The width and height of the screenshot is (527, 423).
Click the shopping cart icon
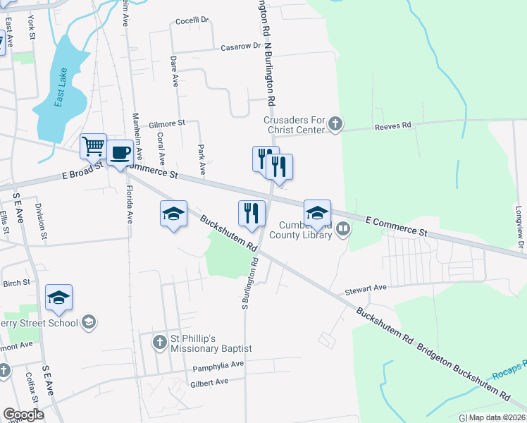click(93, 147)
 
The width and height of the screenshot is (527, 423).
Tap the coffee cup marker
click(120, 152)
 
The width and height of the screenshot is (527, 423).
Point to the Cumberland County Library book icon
click(343, 228)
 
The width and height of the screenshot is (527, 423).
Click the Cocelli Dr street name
click(193, 20)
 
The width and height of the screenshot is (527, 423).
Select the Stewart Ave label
click(366, 288)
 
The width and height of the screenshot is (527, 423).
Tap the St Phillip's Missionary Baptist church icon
click(159, 343)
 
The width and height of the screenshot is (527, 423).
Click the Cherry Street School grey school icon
click(88, 323)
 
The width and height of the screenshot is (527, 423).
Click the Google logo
click(23, 415)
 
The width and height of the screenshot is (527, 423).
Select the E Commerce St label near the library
click(397, 226)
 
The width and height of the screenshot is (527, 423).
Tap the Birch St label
click(16, 283)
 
